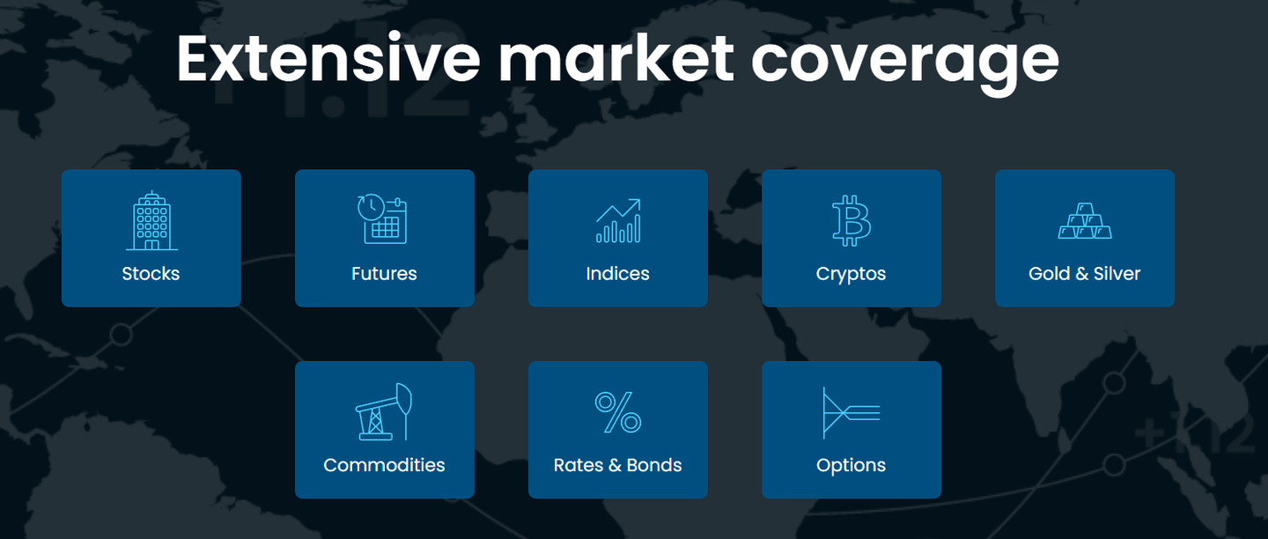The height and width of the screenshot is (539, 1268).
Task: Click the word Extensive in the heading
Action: (x=328, y=58)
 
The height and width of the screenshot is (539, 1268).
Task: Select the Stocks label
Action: (x=151, y=274)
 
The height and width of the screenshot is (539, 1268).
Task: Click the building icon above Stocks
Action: (x=151, y=220)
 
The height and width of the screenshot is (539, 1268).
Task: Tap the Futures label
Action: (x=384, y=274)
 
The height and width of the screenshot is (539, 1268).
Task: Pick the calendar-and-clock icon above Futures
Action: (x=383, y=219)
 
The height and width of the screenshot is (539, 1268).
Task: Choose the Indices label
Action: (x=617, y=274)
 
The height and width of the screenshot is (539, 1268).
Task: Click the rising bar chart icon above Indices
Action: (x=618, y=220)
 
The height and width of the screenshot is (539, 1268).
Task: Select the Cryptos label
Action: (x=851, y=274)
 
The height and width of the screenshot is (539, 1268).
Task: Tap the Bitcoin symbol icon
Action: (x=851, y=220)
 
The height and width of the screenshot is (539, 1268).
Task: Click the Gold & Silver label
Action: (x=1084, y=274)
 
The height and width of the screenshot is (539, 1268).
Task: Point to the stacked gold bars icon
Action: (x=1085, y=221)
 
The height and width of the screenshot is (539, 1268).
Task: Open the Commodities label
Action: (x=384, y=465)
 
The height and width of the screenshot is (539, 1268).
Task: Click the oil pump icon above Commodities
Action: (x=384, y=411)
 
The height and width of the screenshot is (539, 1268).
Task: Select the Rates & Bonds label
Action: (x=617, y=465)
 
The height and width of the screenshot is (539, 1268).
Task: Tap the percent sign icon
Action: (x=618, y=412)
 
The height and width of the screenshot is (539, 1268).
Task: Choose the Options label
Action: (x=851, y=465)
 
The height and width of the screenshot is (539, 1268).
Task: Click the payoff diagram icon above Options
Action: (x=851, y=412)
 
